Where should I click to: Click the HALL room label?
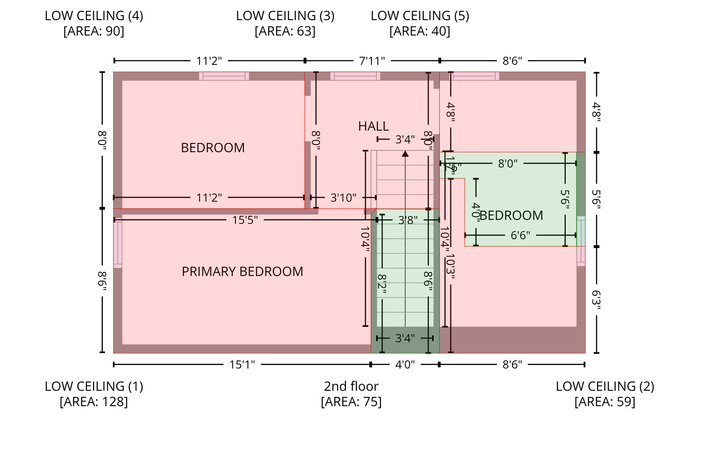click(373, 126)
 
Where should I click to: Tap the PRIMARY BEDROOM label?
click(242, 271)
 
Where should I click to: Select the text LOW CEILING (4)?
click(94, 16)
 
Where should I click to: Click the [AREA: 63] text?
click(285, 31)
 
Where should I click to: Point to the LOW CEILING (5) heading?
click(420, 16)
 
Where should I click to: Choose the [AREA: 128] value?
click(94, 402)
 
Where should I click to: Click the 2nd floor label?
click(351, 386)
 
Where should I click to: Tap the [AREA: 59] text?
click(605, 402)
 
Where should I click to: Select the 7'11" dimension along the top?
click(372, 61)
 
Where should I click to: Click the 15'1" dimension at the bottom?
click(242, 365)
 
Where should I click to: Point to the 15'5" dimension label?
click(245, 220)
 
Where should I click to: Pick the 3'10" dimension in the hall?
click(343, 198)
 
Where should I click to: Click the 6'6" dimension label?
click(520, 236)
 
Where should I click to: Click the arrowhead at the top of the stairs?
click(405, 153)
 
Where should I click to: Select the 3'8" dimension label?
click(408, 220)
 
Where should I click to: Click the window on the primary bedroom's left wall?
click(118, 243)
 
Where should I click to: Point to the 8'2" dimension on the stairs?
click(382, 284)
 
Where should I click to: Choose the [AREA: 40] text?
click(420, 31)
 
